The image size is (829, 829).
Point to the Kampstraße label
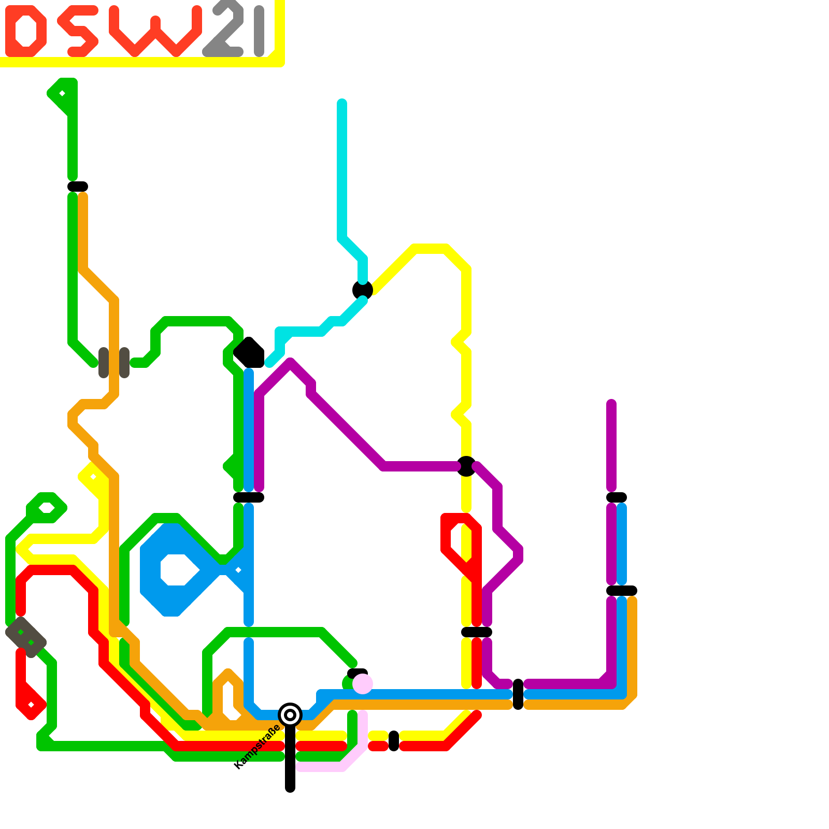click(x=257, y=747)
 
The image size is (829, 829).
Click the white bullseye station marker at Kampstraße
click(x=290, y=715)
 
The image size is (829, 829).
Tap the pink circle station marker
click(x=363, y=684)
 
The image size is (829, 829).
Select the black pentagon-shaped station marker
click(x=249, y=353)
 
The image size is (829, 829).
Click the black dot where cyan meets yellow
click(x=363, y=290)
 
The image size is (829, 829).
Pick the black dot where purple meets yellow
click(x=466, y=466)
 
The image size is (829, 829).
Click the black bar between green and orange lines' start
click(x=78, y=187)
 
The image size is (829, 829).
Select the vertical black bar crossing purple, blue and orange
click(x=518, y=694)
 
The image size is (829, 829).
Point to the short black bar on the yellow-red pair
click(x=394, y=741)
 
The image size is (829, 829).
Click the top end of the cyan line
click(x=342, y=103)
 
